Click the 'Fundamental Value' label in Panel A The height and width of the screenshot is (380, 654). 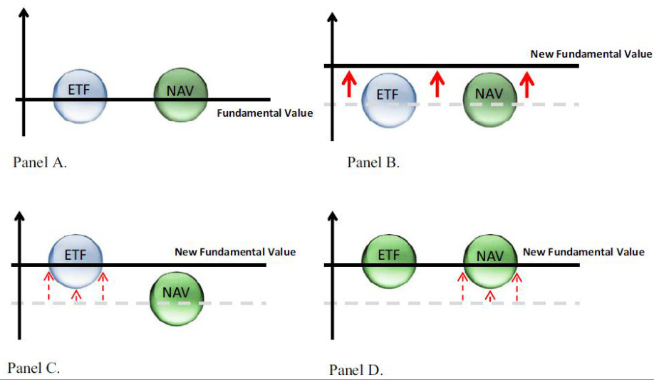point(264,112)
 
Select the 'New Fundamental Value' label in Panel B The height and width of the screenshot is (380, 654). point(591,54)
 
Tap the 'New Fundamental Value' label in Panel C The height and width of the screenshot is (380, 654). point(235,252)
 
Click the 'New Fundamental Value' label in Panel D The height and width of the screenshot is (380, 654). point(583,252)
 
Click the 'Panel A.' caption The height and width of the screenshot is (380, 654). point(40,162)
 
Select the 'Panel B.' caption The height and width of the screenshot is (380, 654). point(373,162)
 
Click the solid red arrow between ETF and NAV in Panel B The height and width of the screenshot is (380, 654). point(438,84)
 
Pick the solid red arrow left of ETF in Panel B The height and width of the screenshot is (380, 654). point(348,84)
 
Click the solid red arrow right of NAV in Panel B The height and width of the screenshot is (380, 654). point(526,84)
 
